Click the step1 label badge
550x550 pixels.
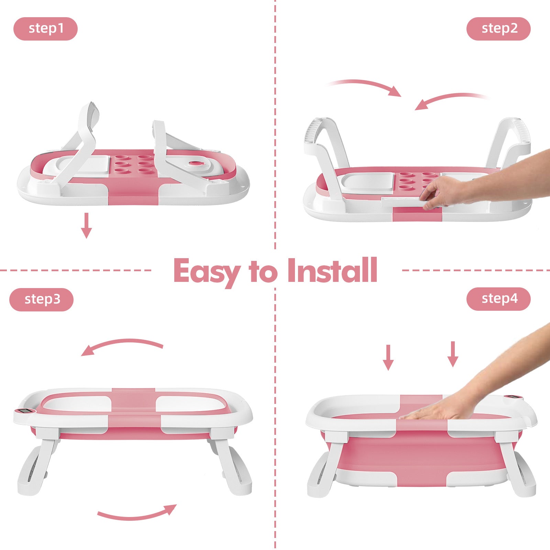pos(45,29)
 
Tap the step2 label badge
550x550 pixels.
pos(498,29)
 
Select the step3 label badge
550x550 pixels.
pos(41,299)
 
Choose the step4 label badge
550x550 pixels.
pos(498,299)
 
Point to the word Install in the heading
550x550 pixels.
pos(332,270)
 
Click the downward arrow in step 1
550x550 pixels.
pos(86,225)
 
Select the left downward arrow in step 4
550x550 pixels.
pos(388,357)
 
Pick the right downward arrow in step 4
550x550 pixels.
pos(453,354)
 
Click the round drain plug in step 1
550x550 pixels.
pos(196,164)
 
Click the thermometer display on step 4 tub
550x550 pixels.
pos(512,398)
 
